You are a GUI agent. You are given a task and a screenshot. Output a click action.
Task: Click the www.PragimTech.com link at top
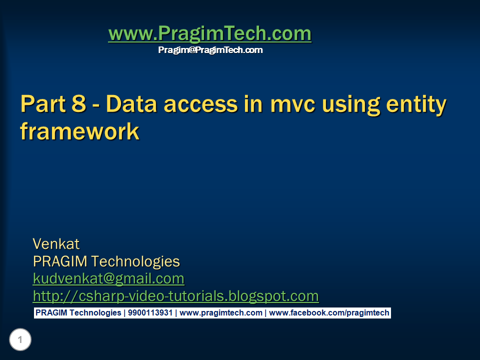(x=210, y=33)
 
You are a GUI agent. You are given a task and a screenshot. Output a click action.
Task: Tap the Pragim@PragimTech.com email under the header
(x=210, y=50)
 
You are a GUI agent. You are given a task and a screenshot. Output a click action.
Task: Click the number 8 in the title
(x=79, y=103)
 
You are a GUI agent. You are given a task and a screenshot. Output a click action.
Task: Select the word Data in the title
(x=131, y=103)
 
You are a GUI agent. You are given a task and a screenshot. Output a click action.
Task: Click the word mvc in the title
(x=292, y=105)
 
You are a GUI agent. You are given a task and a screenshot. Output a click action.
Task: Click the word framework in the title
(x=80, y=131)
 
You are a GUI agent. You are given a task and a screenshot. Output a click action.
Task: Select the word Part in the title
(x=43, y=103)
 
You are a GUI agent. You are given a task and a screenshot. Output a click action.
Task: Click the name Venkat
(x=56, y=244)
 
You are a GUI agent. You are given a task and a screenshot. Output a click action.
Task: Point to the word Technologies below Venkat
(x=135, y=261)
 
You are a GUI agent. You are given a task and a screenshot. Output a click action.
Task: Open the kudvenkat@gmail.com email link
(x=108, y=278)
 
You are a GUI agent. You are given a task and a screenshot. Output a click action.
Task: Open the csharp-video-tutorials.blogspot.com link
(x=175, y=296)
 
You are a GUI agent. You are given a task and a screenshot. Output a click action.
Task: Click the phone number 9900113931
(x=150, y=313)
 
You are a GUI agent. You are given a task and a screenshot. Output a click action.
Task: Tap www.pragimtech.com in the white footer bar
(x=220, y=313)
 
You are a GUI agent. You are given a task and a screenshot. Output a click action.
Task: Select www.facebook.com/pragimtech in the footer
(x=329, y=313)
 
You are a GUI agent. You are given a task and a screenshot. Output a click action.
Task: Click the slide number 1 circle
(x=20, y=339)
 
